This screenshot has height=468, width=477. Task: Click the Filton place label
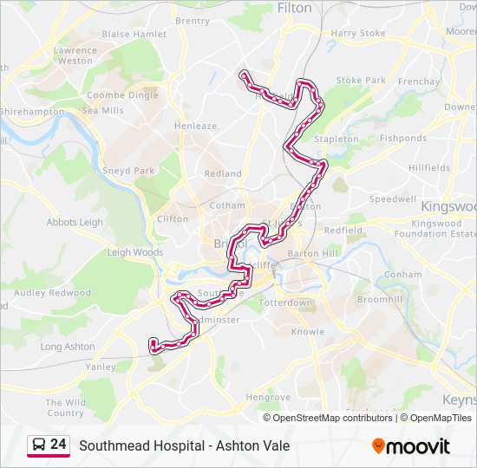point(294,8)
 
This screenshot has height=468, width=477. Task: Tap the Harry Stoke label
point(358,34)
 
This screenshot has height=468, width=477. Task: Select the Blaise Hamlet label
point(134,34)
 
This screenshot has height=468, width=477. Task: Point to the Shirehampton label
point(32,112)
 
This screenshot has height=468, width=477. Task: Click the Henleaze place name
point(195,126)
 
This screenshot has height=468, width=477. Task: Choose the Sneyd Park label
point(128,171)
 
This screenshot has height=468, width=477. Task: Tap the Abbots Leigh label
point(75,222)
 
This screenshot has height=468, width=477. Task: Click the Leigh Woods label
point(134,252)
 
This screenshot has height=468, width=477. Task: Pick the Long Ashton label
point(68,347)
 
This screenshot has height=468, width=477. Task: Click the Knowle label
point(308,332)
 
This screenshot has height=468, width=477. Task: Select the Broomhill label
point(380,298)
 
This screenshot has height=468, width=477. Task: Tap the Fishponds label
point(402,138)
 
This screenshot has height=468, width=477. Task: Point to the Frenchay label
point(419,81)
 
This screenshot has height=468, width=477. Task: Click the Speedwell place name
point(393,198)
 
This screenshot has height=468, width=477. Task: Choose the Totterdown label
point(285,302)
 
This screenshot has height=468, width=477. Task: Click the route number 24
point(58,445)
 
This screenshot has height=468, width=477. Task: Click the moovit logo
point(411,446)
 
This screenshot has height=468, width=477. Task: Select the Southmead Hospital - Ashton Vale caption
point(184,446)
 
